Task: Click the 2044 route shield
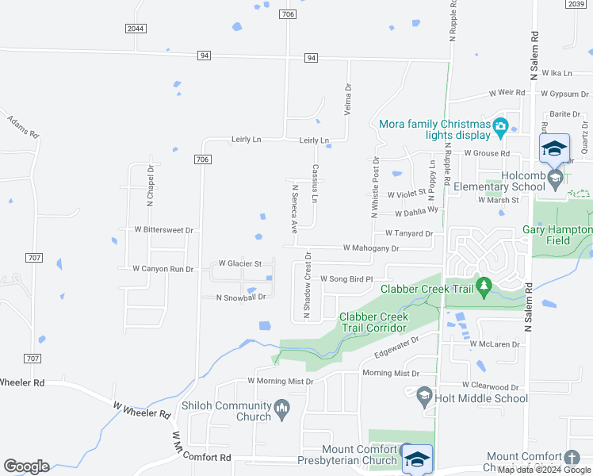[136, 29]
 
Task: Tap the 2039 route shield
[576, 4]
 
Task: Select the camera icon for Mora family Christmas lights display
[500, 127]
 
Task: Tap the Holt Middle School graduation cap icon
[424, 393]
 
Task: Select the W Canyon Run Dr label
[163, 269]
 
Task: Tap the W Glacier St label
[240, 263]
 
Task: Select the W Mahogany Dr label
[370, 248]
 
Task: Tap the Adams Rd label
[22, 126]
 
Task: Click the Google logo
[26, 466]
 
